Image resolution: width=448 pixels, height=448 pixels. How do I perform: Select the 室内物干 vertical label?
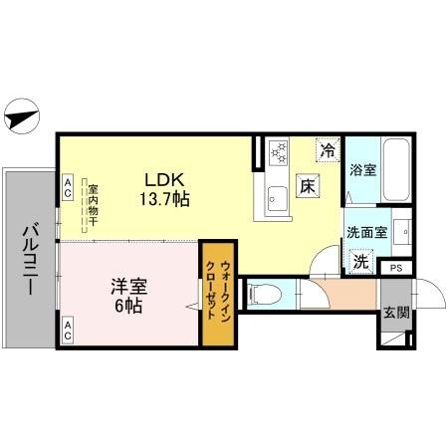point(92,203)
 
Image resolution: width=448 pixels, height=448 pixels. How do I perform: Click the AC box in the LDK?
point(68,184)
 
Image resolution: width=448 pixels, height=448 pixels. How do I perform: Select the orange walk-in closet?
point(214,294)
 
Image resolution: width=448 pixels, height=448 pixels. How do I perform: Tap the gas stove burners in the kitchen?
point(279,153)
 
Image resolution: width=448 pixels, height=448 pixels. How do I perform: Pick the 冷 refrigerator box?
point(328,151)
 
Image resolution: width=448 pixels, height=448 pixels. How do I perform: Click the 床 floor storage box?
point(309,185)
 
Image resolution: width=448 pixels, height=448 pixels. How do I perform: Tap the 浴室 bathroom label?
point(363,169)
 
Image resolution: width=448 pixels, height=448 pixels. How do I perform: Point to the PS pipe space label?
point(395,268)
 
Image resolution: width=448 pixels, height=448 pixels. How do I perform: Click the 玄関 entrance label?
point(395,312)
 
